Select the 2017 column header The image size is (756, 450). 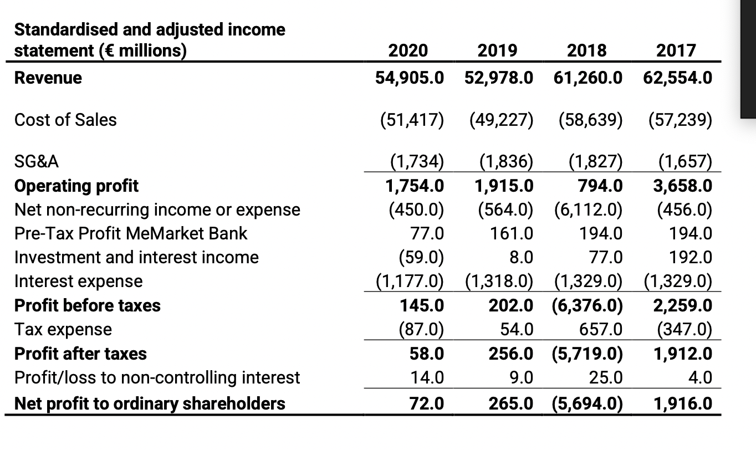click(x=676, y=50)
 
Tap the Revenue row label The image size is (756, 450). click(x=48, y=78)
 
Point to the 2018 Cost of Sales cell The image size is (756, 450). click(x=588, y=120)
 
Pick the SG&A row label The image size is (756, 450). click(x=37, y=162)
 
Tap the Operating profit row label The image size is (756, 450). click(x=76, y=186)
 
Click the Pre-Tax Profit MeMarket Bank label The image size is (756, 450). click(x=131, y=233)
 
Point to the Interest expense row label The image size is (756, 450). click(x=78, y=281)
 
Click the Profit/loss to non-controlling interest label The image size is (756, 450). click(x=157, y=377)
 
